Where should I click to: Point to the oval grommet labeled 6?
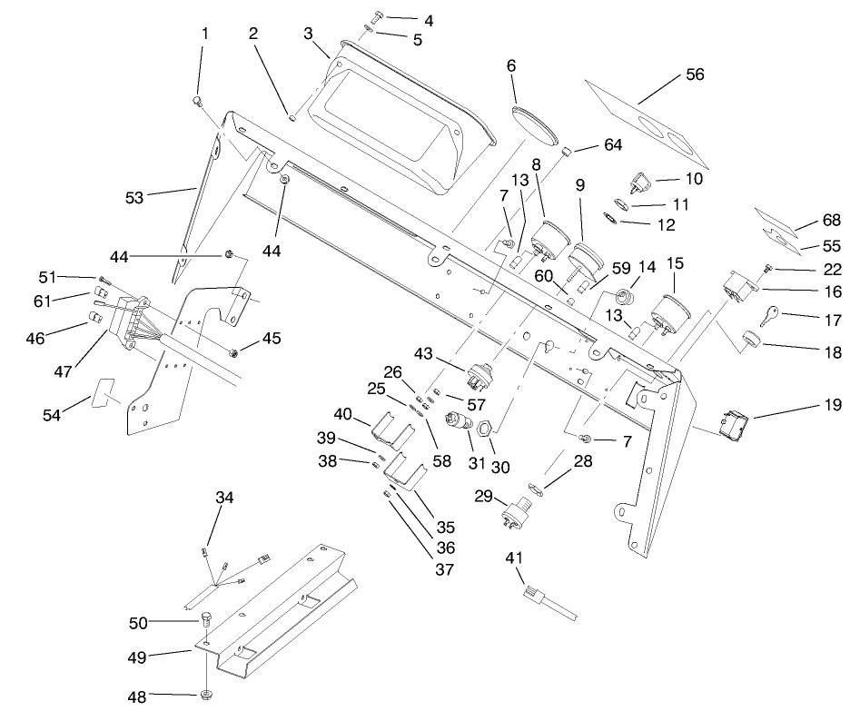pos(534,124)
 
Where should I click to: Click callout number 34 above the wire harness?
pos(224,497)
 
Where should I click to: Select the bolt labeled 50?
pos(205,622)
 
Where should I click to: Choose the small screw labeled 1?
pos(197,103)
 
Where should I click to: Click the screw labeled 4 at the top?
pos(379,16)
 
